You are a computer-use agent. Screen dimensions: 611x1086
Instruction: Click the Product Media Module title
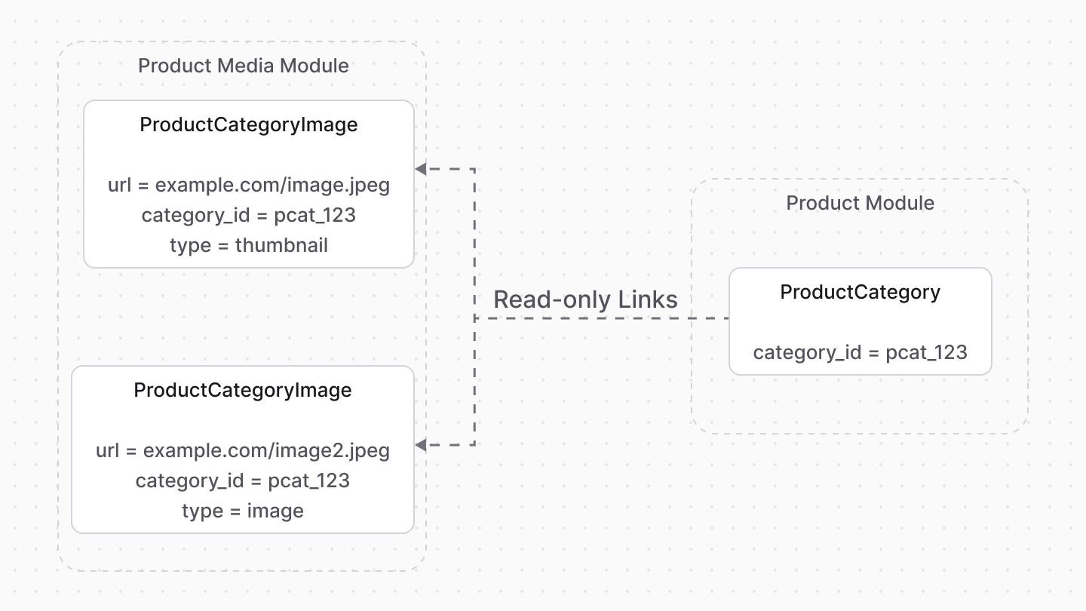243,66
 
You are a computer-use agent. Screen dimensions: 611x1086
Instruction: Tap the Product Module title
860,203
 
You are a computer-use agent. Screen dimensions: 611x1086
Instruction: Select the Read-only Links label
585,299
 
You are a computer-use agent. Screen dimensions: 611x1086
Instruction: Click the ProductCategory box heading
860,292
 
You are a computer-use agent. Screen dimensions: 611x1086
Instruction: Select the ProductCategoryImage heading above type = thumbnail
249,124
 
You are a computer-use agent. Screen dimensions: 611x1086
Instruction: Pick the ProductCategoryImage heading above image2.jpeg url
243,390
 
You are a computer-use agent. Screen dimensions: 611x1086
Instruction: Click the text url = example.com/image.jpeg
249,185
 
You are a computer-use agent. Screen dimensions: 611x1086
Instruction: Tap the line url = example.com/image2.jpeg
243,450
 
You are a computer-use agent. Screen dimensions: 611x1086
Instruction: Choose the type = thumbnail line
249,245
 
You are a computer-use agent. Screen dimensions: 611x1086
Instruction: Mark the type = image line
243,511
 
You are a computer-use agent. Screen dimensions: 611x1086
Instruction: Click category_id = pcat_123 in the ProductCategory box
860,352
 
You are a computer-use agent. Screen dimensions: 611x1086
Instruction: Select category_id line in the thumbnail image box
249,215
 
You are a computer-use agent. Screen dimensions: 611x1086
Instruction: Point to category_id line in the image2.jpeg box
243,481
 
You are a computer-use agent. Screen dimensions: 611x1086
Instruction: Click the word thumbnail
281,245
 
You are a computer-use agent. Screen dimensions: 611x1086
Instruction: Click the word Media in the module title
246,66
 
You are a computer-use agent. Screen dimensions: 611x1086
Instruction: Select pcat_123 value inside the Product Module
926,352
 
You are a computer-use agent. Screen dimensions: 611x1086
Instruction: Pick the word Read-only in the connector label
552,299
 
